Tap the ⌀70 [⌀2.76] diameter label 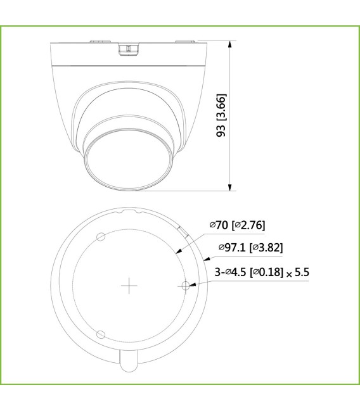(237, 225)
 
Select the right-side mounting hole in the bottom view (185, 286)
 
